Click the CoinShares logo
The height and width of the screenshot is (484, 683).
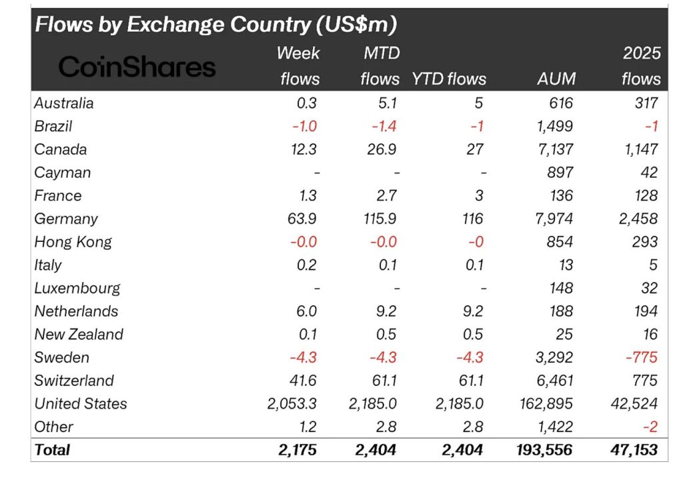(137, 67)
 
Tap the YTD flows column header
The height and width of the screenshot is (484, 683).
(448, 79)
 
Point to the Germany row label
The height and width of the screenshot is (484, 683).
(66, 219)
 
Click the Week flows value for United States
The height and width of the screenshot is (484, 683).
(288, 403)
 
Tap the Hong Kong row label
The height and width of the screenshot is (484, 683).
(73, 242)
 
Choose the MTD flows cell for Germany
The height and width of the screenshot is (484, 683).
(378, 219)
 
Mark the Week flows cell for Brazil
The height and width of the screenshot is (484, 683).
(304, 126)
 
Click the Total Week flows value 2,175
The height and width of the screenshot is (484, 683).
(297, 450)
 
